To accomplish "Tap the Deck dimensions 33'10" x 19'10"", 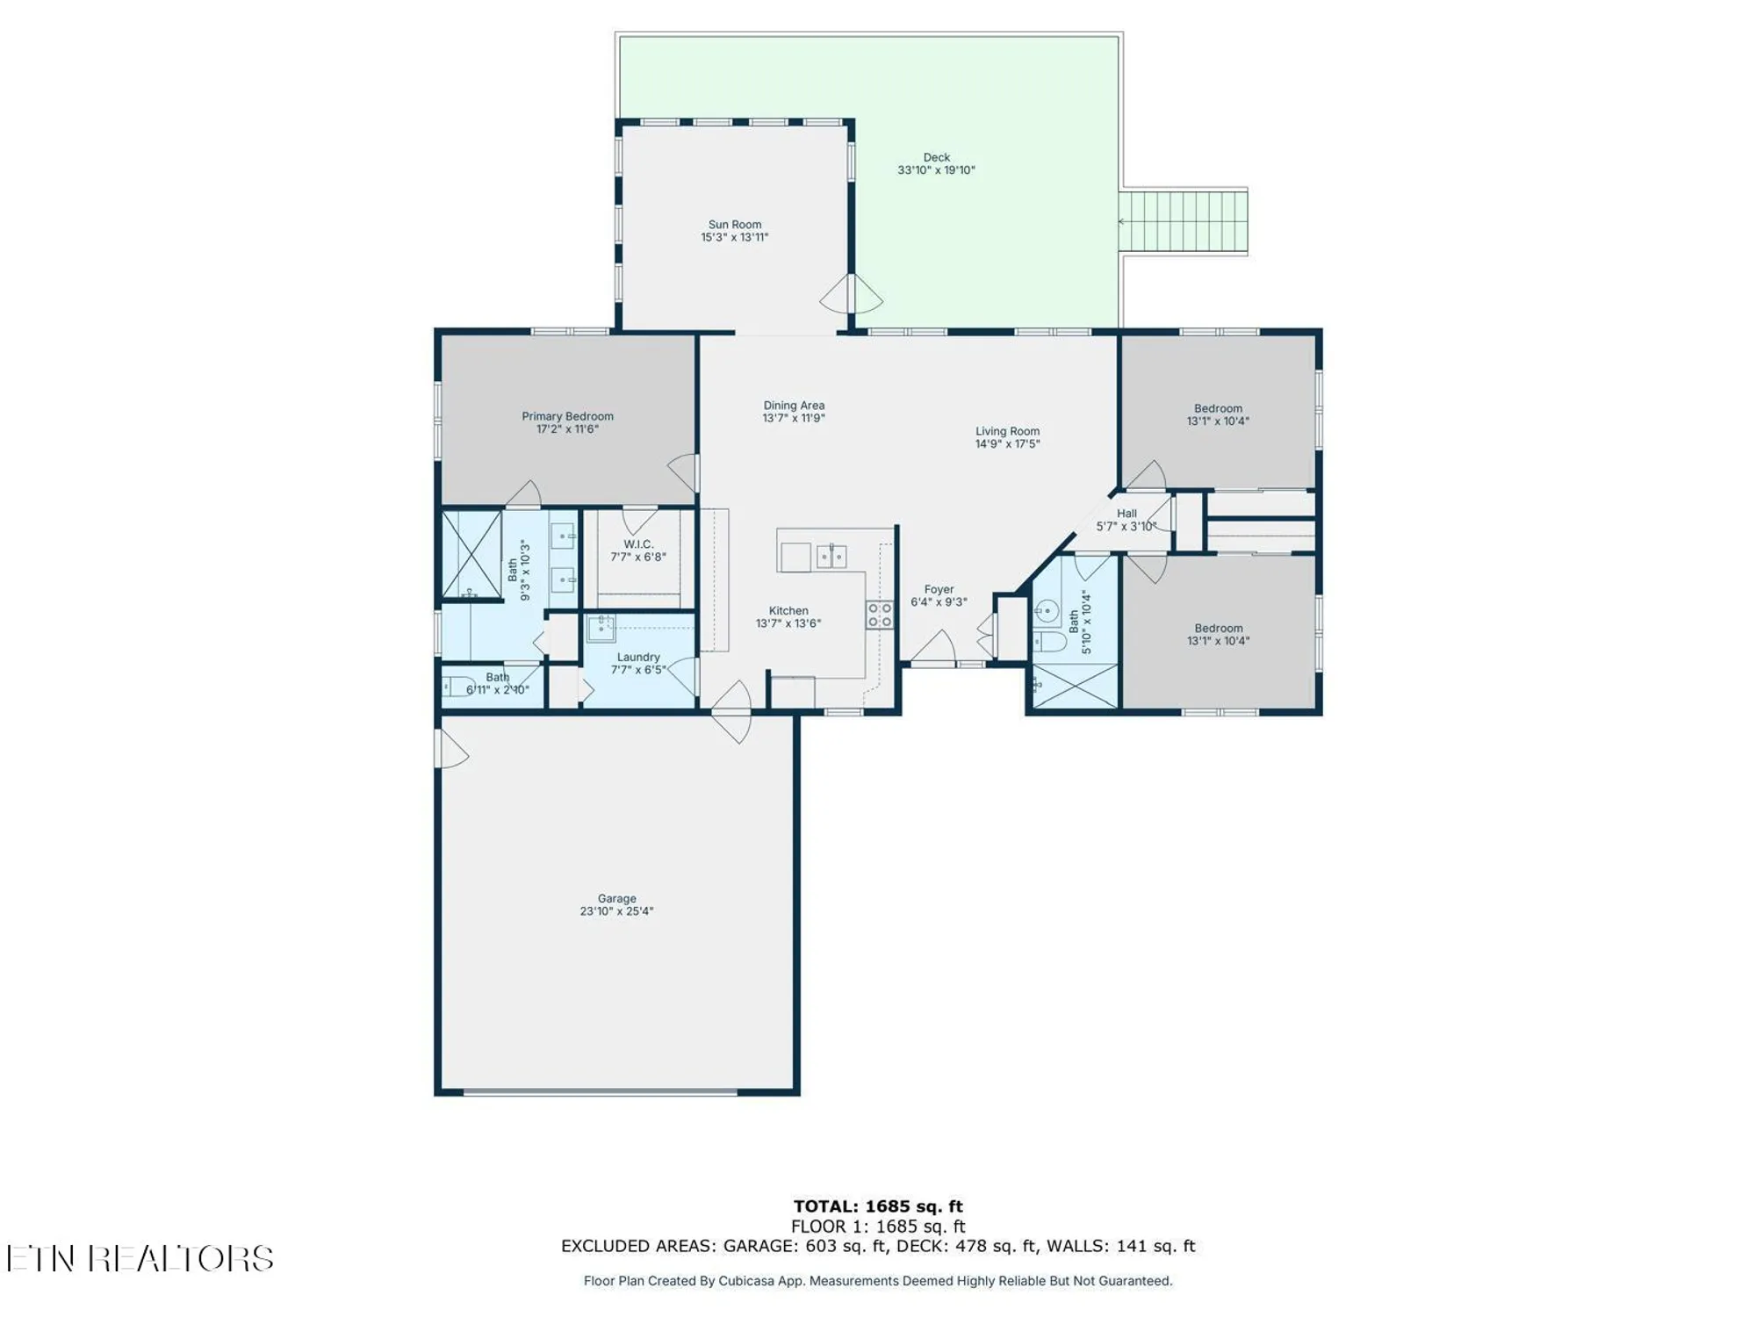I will coord(936,170).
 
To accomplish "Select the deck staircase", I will coord(1183,221).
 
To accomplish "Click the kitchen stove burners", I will coord(880,615).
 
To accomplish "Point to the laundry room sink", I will coord(601,627).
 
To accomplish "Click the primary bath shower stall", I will coord(471,555).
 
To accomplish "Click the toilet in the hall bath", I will coord(1048,642).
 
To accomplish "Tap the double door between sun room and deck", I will coord(851,295).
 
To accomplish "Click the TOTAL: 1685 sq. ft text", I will coord(878,1206).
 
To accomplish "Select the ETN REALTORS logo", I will coord(140,1258).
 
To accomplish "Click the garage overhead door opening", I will coord(601,1092).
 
